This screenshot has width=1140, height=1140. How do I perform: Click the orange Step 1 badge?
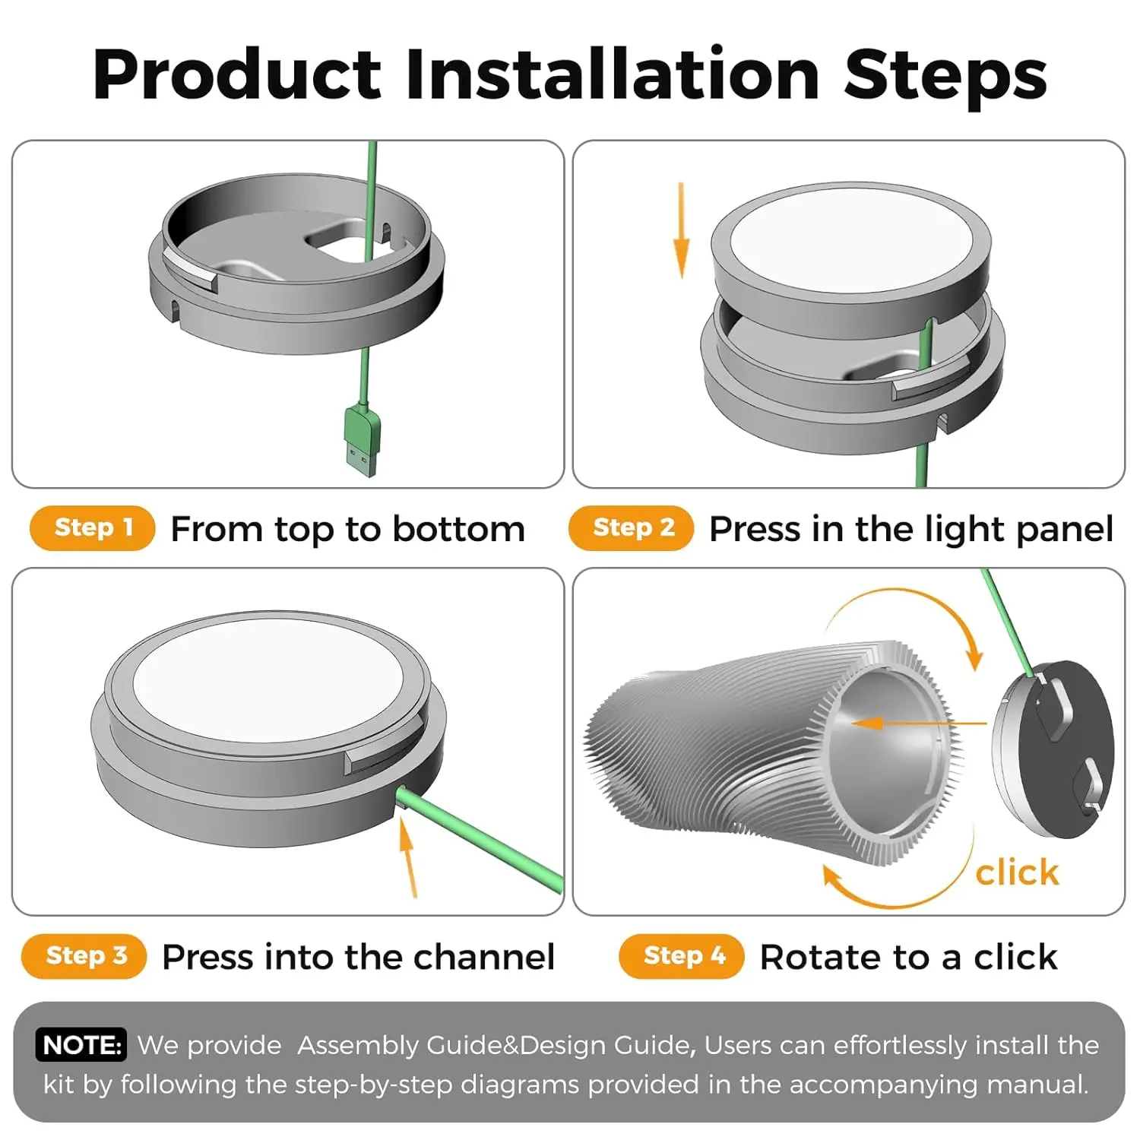click(x=93, y=527)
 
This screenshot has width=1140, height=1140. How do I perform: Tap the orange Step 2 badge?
click(x=632, y=527)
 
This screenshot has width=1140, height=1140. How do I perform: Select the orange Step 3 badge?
click(x=84, y=955)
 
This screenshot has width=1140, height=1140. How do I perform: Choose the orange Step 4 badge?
click(x=682, y=955)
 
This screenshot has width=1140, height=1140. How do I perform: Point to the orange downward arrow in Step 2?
click(x=681, y=230)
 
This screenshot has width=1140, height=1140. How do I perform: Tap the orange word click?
click(x=1017, y=872)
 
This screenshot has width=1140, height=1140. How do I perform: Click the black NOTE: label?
click(x=81, y=1045)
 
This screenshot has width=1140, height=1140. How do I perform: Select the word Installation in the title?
click(x=613, y=74)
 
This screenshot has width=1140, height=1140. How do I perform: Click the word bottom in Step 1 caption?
click(x=459, y=529)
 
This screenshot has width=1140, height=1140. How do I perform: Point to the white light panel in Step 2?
click(x=850, y=237)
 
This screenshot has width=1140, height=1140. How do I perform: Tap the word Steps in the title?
click(x=945, y=74)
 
